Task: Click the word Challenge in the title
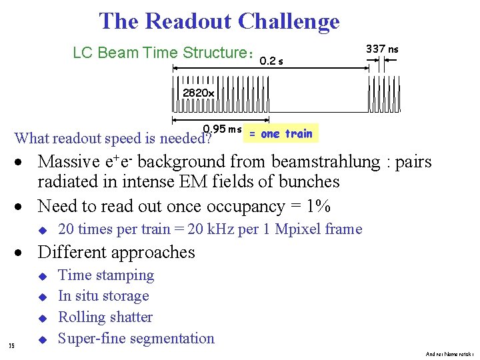coord(288,21)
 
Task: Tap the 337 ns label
coord(383,49)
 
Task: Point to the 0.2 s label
coord(271,61)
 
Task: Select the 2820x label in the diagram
coord(198,93)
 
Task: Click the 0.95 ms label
coord(222,129)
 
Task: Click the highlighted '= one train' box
coord(281,133)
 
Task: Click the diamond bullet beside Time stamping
coord(41,276)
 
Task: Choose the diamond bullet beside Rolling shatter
coord(41,318)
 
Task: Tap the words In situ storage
coord(103,296)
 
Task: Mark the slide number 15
coord(11,345)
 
